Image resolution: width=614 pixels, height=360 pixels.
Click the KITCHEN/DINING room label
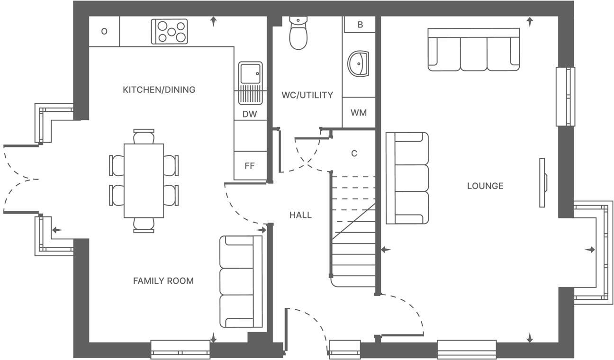tap(159, 90)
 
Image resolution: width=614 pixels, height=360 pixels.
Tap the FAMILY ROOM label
tap(163, 281)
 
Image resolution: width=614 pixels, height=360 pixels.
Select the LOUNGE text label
tap(485, 186)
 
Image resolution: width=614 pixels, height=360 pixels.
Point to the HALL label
tap(300, 215)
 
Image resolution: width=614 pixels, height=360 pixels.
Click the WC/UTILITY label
tap(307, 95)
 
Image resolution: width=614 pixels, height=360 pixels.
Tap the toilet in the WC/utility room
tap(298, 33)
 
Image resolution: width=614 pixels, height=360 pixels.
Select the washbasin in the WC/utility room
tap(358, 63)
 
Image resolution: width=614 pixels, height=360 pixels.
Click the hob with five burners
tap(170, 32)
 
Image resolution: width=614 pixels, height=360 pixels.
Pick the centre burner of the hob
tap(172, 32)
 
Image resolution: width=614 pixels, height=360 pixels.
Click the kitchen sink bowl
tap(250, 73)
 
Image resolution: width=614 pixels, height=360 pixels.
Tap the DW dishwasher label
tap(250, 114)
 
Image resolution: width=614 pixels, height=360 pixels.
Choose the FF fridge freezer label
tap(249, 166)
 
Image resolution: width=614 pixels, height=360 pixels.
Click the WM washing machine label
tap(359, 113)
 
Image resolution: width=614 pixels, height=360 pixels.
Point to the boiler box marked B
tap(360, 24)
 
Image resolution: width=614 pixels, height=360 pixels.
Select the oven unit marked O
tap(104, 32)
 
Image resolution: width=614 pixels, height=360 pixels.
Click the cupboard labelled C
tap(354, 153)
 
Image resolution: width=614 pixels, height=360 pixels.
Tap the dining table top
tap(144, 181)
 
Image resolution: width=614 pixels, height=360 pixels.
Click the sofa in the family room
tap(241, 282)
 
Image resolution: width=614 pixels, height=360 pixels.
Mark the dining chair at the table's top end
tap(144, 136)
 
